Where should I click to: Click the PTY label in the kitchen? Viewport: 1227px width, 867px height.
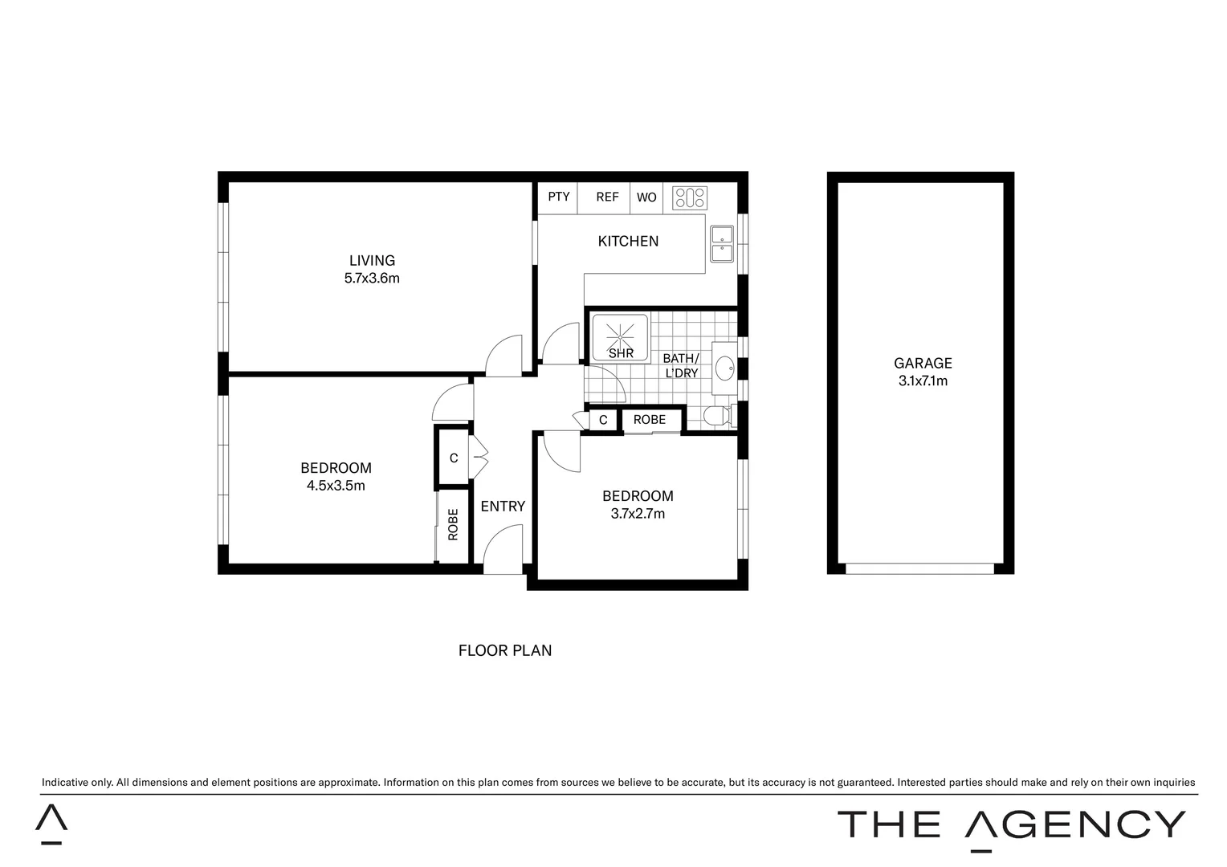558,197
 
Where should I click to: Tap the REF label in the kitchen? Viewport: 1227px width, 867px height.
607,197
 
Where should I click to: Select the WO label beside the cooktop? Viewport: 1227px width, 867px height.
646,197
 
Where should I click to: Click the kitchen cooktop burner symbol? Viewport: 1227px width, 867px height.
689,197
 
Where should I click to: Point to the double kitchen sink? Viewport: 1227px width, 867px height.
721,244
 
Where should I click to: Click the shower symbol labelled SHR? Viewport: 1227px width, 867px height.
620,338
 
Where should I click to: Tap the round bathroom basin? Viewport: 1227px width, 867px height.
724,368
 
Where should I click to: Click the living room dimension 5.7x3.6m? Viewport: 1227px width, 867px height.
372,279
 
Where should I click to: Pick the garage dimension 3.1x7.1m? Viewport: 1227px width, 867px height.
923,381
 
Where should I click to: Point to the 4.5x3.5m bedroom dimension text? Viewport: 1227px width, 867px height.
336,486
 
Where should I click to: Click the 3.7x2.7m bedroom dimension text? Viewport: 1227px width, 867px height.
638,514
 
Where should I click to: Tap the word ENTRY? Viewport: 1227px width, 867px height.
503,507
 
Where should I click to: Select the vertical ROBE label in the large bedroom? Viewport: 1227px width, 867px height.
453,524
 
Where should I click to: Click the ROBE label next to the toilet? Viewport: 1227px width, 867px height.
649,420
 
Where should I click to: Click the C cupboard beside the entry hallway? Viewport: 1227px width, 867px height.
454,458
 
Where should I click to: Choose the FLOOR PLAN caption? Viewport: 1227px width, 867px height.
504,650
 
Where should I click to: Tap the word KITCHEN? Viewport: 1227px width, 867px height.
628,241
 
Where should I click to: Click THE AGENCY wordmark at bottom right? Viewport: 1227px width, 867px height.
1011,825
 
